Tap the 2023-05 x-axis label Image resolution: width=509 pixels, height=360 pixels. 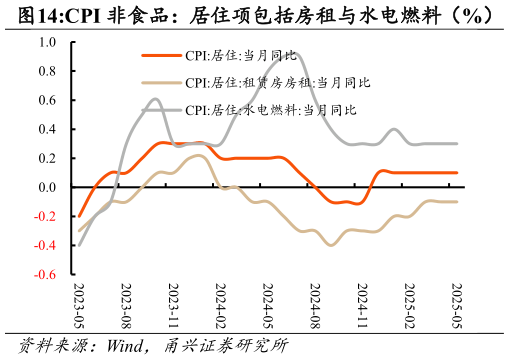(x=79, y=306)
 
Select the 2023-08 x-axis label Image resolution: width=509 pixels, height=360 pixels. (x=126, y=306)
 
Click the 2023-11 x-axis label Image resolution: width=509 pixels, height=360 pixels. (x=173, y=306)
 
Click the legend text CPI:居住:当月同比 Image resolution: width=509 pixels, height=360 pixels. (x=241, y=56)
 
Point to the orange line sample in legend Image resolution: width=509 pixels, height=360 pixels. (x=161, y=56)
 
